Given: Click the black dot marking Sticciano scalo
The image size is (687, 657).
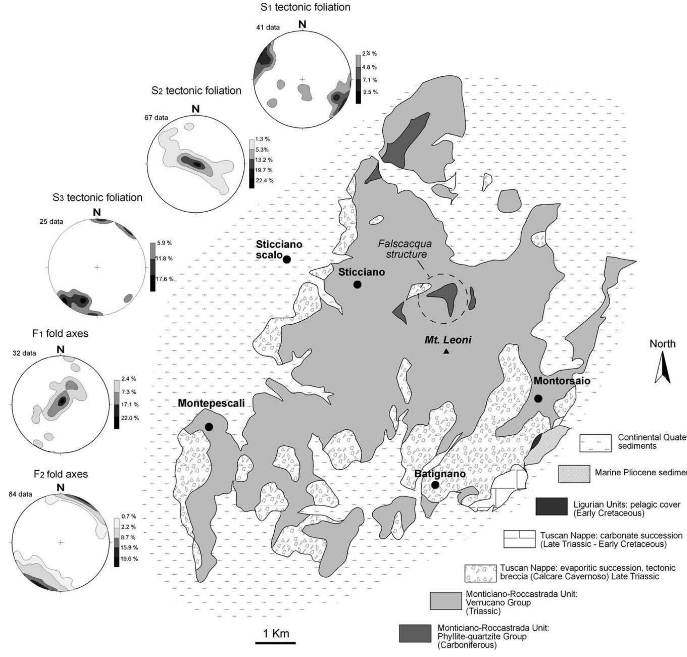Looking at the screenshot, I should tap(286, 259).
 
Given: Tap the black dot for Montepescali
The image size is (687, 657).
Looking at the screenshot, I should tap(209, 427).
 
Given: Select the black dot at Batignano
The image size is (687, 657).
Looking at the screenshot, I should tap(435, 485).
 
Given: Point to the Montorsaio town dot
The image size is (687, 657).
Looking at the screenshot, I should tap(538, 399).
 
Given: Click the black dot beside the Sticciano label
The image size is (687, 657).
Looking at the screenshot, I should tap(357, 285).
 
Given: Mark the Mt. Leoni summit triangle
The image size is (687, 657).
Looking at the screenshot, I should tap(446, 352).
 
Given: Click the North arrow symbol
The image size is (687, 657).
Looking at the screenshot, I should tap(662, 367).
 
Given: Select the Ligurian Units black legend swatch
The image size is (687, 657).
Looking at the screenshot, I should tap(551, 506).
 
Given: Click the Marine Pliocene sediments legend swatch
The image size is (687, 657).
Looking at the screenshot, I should tap(574, 474).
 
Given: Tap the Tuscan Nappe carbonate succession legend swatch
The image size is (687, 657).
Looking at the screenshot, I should tap(519, 539).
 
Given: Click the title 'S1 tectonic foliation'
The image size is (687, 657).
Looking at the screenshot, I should tap(305, 7).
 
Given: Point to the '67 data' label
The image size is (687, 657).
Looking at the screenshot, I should tap(156, 118).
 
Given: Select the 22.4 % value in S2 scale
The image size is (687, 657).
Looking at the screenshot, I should tap(264, 181).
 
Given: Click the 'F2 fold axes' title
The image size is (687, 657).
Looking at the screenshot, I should tap(61, 474).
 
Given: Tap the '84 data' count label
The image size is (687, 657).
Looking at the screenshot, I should tap(20, 494).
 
